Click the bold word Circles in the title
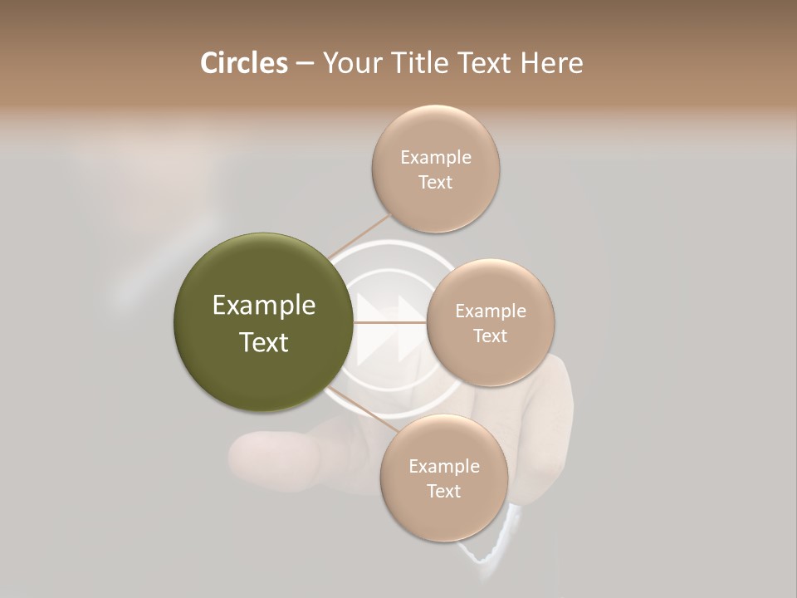point(244,63)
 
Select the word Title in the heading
point(418,63)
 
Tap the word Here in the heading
point(552,63)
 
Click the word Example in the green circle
point(264,306)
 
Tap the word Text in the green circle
point(264,342)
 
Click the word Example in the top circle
point(436,157)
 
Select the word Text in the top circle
point(436,182)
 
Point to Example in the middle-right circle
point(491,311)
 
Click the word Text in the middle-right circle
point(491,336)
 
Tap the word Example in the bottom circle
point(444,466)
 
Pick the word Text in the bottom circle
point(444,491)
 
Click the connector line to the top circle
point(359,236)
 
